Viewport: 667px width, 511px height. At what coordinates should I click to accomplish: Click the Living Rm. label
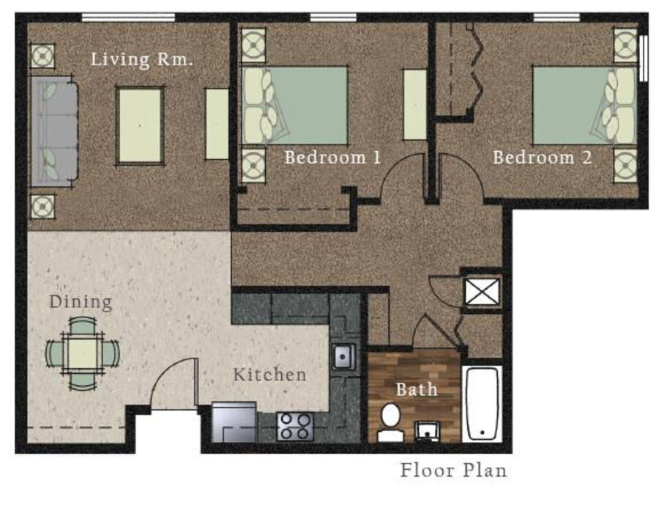(141, 59)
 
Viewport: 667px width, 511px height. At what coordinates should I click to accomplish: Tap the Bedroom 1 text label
(332, 158)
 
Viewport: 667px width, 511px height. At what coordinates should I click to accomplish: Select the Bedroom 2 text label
(542, 158)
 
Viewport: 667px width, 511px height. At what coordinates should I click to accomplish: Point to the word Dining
(81, 302)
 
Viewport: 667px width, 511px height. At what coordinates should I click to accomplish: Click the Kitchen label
(269, 375)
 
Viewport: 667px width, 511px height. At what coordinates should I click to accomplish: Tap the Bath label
(417, 389)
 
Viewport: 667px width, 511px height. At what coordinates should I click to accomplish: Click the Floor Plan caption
(453, 471)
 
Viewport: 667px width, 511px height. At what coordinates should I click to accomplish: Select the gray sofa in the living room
(53, 131)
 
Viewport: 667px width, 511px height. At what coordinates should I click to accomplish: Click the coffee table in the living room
(140, 125)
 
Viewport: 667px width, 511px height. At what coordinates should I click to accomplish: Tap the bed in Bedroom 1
(295, 105)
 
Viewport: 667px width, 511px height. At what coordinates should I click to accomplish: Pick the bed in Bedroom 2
(585, 105)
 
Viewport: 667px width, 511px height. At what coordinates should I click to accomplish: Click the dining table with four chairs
(83, 354)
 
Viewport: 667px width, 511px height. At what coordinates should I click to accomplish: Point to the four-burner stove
(295, 426)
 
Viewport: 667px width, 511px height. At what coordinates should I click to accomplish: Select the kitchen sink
(344, 356)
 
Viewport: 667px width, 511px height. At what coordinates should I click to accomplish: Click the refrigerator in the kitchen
(234, 422)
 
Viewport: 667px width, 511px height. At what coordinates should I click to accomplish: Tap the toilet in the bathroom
(390, 422)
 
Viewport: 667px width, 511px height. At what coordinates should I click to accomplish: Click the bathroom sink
(427, 431)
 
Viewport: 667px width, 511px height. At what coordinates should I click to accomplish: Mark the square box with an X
(482, 292)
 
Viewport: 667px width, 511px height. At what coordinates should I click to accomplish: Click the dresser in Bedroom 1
(414, 105)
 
